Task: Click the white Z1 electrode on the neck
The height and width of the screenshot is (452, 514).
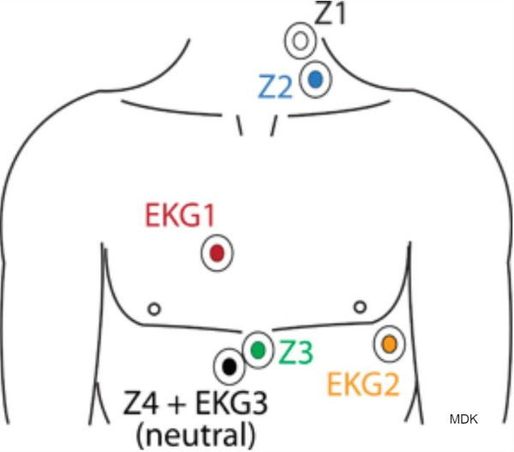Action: [x=299, y=40]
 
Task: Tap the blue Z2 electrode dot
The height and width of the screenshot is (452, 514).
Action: [x=315, y=79]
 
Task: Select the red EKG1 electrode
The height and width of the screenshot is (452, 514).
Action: [x=217, y=253]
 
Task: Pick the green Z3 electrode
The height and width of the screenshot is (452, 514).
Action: [x=258, y=348]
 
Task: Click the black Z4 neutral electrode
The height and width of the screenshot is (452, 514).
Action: [x=229, y=366]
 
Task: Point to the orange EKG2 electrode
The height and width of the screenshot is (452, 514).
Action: [x=389, y=344]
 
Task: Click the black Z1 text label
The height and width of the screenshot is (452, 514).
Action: [x=330, y=15]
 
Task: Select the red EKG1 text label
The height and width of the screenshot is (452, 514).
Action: [x=179, y=216]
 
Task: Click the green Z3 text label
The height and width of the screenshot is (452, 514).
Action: [x=296, y=351]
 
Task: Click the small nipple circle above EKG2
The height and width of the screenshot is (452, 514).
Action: [x=360, y=306]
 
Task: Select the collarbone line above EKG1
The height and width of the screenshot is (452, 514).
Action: [x=171, y=105]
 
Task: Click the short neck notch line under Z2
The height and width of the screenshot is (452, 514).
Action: [x=273, y=125]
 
